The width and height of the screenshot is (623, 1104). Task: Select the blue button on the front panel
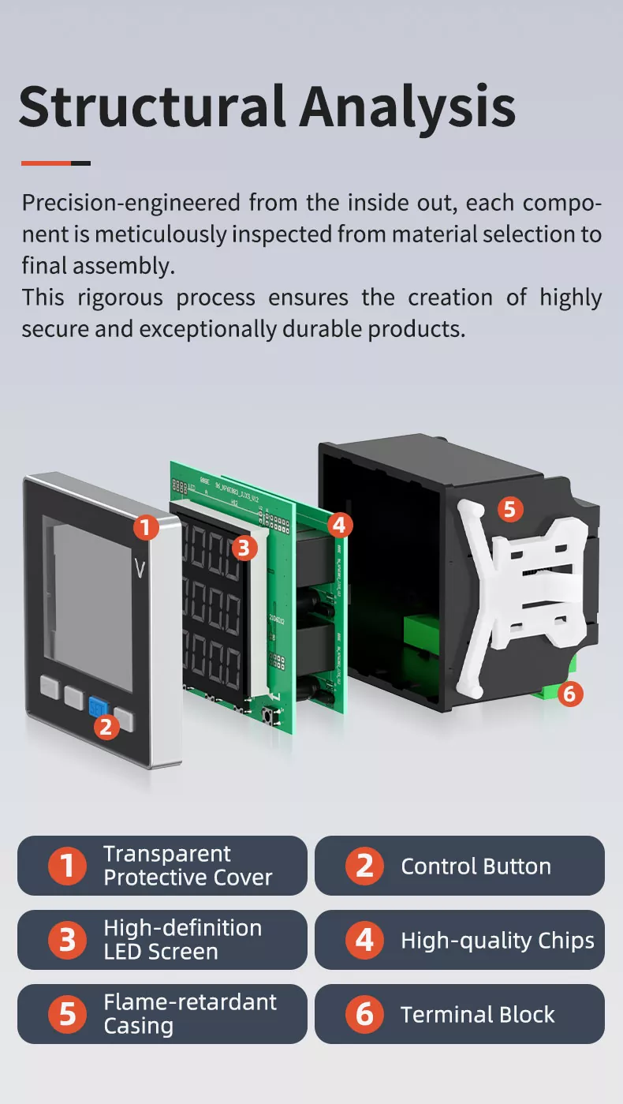click(99, 704)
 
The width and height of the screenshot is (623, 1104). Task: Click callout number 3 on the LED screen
click(244, 547)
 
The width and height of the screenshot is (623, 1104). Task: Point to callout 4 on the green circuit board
click(339, 524)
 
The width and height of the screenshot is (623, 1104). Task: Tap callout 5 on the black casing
click(509, 509)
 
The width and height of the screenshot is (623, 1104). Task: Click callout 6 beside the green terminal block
click(570, 694)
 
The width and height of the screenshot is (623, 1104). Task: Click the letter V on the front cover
click(141, 569)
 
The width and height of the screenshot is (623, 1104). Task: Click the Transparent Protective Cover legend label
click(188, 866)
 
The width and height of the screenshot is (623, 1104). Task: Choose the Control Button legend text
click(476, 866)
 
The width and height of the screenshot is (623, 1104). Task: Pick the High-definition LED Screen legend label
click(182, 940)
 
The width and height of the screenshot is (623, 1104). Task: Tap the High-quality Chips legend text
click(497, 941)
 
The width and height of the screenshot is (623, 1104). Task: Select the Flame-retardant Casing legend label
click(190, 1014)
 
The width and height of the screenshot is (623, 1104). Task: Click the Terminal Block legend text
click(477, 1015)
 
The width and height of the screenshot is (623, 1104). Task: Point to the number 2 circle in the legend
click(364, 866)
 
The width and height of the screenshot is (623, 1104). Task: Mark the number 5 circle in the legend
click(68, 1014)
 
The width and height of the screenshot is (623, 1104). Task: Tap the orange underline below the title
click(47, 163)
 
